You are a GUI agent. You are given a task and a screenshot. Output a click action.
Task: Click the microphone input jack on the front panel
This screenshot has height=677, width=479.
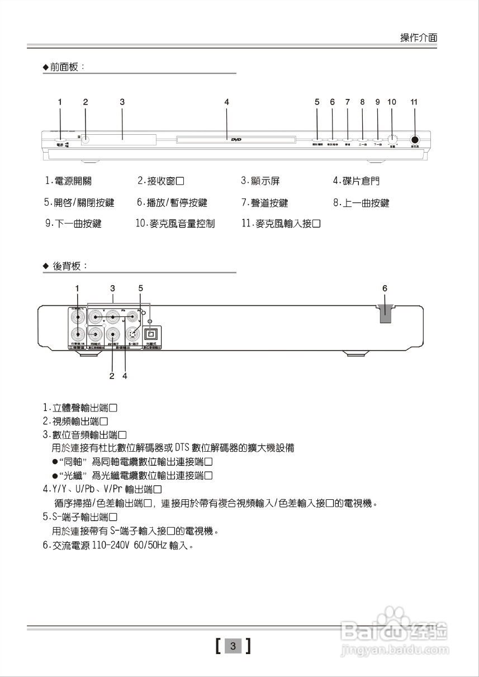pyautogui.click(x=415, y=140)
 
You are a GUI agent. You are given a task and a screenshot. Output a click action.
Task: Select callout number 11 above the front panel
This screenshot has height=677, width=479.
pyautogui.click(x=414, y=102)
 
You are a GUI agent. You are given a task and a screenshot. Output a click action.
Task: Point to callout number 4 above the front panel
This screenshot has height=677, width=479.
pyautogui.click(x=226, y=102)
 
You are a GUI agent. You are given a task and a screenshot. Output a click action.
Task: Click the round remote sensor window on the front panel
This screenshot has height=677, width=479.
pyautogui.click(x=86, y=139)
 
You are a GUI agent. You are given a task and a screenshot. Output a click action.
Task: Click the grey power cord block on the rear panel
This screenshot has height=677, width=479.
pyautogui.click(x=385, y=314)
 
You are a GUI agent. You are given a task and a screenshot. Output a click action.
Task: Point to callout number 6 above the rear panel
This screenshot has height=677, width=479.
pyautogui.click(x=385, y=288)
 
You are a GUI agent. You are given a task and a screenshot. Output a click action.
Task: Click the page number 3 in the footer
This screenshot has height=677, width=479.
pyautogui.click(x=234, y=647)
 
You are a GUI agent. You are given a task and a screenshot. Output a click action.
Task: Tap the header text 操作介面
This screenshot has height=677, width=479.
pyautogui.click(x=419, y=37)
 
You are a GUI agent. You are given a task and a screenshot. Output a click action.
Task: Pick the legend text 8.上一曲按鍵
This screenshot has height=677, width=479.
pyautogui.click(x=361, y=203)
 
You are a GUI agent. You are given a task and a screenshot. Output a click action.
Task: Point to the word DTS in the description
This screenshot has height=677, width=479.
pyautogui.click(x=182, y=448)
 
